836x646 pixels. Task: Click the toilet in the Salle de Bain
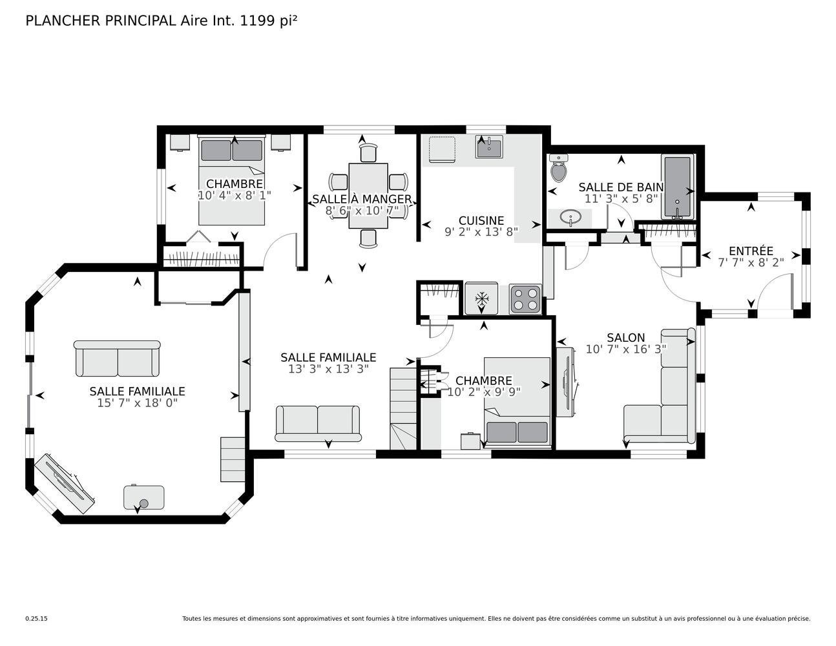tap(559, 168)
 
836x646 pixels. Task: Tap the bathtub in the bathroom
tap(678, 187)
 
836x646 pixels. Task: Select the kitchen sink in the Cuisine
tap(488, 147)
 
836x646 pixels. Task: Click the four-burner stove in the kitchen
tap(525, 299)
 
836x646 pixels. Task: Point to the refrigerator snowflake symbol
tap(481, 298)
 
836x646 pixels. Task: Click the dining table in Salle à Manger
tap(368, 196)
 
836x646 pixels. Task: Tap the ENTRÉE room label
tap(751, 251)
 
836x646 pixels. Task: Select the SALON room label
tap(626, 338)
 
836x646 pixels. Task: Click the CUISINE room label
tap(481, 221)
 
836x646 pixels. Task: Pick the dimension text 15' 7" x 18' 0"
tap(138, 403)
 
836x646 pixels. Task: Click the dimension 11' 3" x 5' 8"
tap(621, 199)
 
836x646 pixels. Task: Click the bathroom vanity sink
tap(571, 218)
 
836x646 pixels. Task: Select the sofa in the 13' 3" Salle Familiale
tap(318, 423)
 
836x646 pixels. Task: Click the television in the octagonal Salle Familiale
tap(65, 483)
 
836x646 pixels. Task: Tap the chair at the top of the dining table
tap(368, 152)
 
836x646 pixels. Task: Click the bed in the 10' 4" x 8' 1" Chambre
tap(231, 180)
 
